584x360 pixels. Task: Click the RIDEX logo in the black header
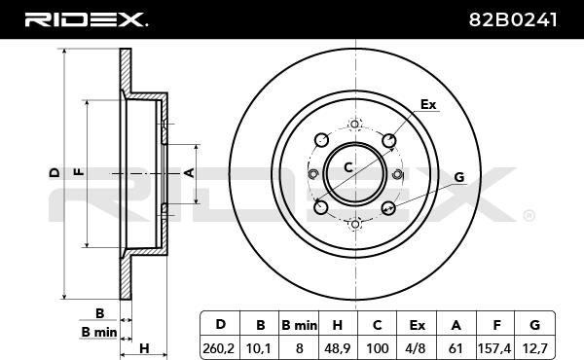click(86, 19)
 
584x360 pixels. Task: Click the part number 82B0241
click(513, 19)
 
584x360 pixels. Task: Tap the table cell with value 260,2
click(219, 348)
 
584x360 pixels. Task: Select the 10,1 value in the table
click(260, 348)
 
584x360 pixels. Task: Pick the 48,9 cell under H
click(337, 348)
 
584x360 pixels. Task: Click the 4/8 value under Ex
click(417, 348)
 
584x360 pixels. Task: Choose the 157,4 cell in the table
click(494, 348)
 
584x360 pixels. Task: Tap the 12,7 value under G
click(534, 348)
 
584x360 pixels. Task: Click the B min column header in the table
click(299, 325)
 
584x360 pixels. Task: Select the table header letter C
click(377, 325)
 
